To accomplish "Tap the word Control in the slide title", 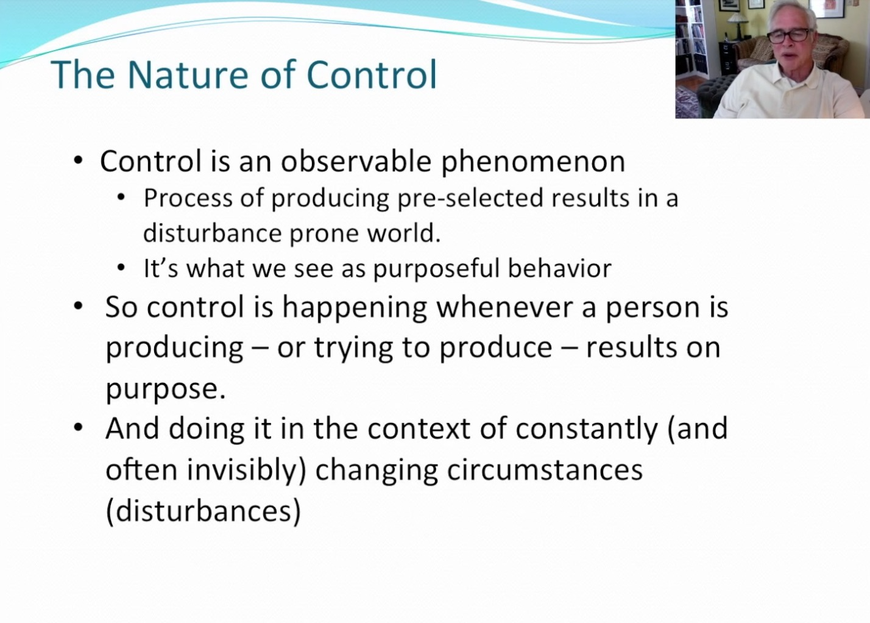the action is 372,74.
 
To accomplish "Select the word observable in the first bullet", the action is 356,161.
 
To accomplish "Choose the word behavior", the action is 560,268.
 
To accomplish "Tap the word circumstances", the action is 545,470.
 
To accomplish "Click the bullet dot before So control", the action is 78,306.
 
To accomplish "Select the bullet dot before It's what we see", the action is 121,268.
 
